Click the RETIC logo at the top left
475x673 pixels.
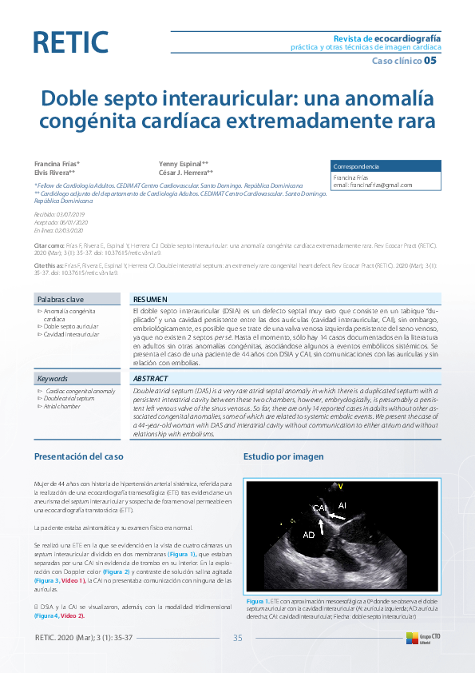70,42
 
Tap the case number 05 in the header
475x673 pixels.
430,60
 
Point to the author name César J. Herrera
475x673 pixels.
186,172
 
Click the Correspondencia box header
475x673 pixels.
356,166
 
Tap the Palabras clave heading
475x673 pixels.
61,299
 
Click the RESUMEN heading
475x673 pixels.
150,298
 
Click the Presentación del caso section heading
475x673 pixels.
78,456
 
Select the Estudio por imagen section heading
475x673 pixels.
283,456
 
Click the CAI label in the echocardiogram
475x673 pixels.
320,508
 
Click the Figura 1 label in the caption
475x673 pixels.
258,601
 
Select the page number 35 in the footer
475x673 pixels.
237,637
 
